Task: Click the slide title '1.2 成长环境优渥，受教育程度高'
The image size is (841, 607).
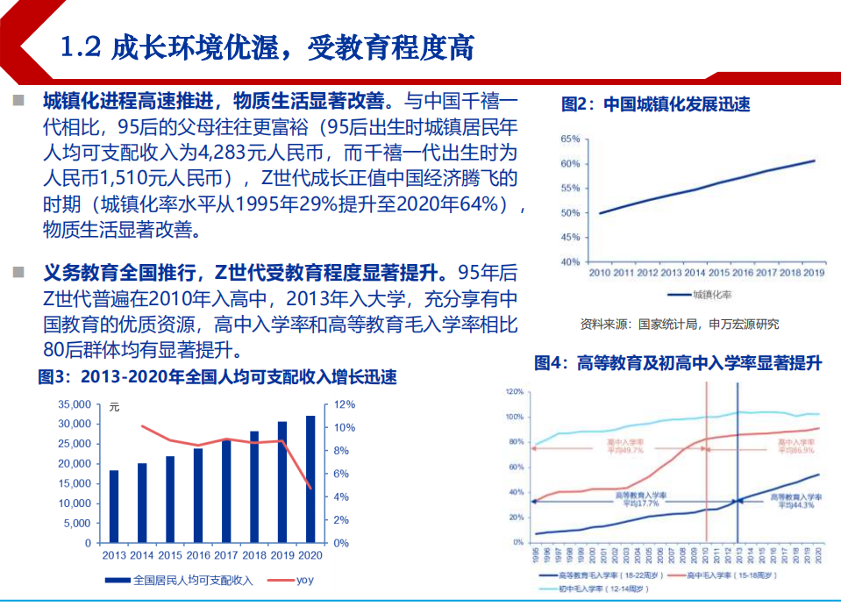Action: [267, 47]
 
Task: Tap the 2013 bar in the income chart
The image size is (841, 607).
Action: [114, 506]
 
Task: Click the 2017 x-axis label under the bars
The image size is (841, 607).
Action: [225, 555]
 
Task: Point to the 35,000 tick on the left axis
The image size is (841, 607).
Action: [74, 404]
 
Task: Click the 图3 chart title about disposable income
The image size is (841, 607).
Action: [217, 378]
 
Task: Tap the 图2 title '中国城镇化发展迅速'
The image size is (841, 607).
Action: [655, 104]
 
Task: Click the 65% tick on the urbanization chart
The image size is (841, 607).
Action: [569, 139]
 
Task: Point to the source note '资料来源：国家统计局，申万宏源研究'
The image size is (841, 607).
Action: [679, 324]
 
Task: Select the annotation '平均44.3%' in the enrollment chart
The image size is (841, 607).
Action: [795, 505]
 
